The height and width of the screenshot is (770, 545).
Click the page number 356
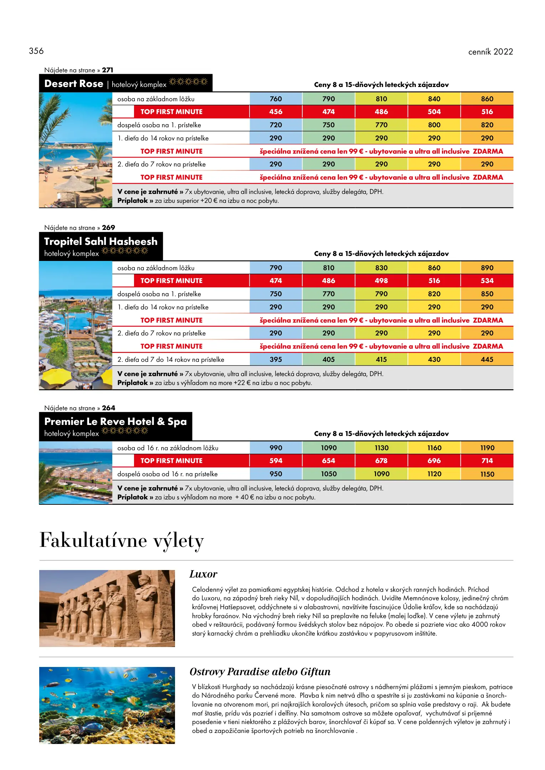(36, 51)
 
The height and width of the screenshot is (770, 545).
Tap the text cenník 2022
(490, 52)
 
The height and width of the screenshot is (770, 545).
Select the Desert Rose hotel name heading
(74, 84)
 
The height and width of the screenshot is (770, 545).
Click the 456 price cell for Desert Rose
(276, 112)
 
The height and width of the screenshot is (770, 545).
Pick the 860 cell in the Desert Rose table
(487, 99)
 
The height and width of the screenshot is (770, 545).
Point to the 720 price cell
(276, 125)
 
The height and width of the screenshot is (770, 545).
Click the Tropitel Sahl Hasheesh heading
(101, 241)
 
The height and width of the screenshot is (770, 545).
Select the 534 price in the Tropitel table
(487, 281)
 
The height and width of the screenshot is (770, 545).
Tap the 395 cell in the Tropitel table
(276, 359)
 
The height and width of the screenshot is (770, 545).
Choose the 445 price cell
(487, 359)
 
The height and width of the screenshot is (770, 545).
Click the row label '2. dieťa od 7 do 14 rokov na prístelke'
(171, 359)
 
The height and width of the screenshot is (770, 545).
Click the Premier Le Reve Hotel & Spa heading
(115, 421)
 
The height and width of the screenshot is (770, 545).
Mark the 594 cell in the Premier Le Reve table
(276, 461)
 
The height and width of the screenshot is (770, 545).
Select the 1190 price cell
(487, 448)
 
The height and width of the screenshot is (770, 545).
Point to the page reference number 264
(108, 408)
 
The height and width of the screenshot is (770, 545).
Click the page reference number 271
(107, 70)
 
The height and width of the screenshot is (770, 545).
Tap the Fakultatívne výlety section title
(122, 540)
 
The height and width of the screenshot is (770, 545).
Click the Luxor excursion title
(203, 574)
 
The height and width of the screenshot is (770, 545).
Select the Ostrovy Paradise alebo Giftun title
(260, 672)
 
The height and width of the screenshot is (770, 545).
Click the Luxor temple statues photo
(107, 608)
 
